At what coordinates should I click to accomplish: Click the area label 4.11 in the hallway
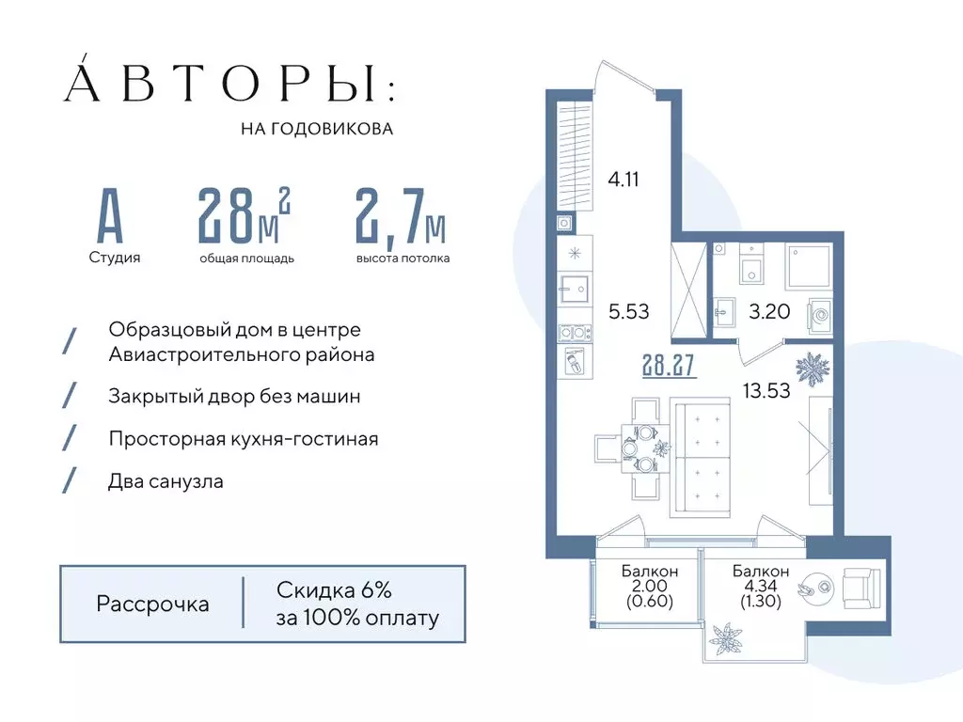click(x=624, y=179)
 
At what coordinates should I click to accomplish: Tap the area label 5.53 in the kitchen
click(x=629, y=311)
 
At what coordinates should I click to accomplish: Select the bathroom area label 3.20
click(x=768, y=311)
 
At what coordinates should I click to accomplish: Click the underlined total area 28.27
click(x=669, y=365)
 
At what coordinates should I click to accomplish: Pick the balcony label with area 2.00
click(x=650, y=586)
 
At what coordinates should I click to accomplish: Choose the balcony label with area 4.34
click(x=761, y=586)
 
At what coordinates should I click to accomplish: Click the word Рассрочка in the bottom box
click(x=152, y=604)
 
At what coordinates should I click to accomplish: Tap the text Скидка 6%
click(x=334, y=590)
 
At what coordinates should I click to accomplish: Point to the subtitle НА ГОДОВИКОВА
click(x=317, y=129)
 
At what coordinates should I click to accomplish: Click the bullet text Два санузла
click(x=166, y=481)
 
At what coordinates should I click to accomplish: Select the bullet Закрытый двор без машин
click(x=234, y=397)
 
